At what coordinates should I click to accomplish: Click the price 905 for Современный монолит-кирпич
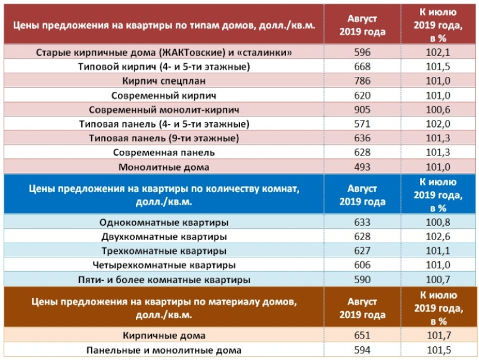pyautogui.click(x=362, y=110)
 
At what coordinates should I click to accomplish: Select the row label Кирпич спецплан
pyautogui.click(x=164, y=80)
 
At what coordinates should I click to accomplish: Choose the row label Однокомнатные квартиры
pyautogui.click(x=164, y=222)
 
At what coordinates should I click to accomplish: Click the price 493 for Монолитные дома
pyautogui.click(x=362, y=167)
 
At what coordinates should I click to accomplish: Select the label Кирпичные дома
pyautogui.click(x=164, y=336)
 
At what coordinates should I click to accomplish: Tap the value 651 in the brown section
pyautogui.click(x=362, y=336)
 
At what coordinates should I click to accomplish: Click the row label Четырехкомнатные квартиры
pyautogui.click(x=164, y=265)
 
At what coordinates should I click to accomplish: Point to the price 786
pyautogui.click(x=362, y=80)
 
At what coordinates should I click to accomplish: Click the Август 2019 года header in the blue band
pyautogui.click(x=362, y=194)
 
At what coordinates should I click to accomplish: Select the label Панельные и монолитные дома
pyautogui.click(x=164, y=350)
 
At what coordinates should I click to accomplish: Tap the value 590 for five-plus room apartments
pyautogui.click(x=362, y=279)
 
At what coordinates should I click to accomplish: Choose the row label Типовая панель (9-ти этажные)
pyautogui.click(x=164, y=138)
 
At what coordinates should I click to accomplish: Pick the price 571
pyautogui.click(x=362, y=124)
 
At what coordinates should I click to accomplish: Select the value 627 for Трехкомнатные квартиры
pyautogui.click(x=362, y=250)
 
